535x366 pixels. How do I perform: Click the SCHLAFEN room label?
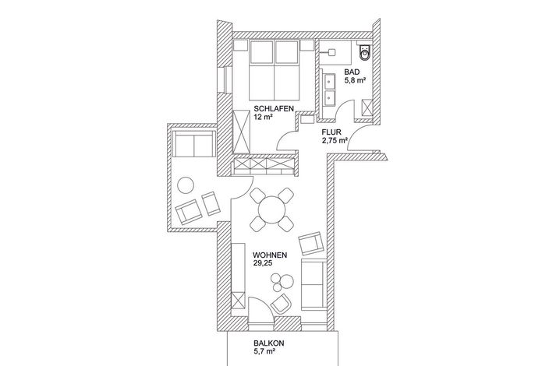pyautogui.click(x=274, y=109)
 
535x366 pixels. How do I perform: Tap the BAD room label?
pyautogui.click(x=352, y=72)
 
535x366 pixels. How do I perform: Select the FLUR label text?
pyautogui.click(x=331, y=132)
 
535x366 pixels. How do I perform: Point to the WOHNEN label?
pyautogui.click(x=270, y=255)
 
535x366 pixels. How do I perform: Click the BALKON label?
pyautogui.click(x=269, y=343)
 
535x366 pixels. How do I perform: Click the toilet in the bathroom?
pyautogui.click(x=364, y=52)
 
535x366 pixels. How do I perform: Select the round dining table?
pyautogui.click(x=272, y=209)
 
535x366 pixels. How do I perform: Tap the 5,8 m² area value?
pyautogui.click(x=355, y=80)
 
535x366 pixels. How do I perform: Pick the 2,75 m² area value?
pyautogui.click(x=335, y=140)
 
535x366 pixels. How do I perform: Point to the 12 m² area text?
pyautogui.click(x=263, y=117)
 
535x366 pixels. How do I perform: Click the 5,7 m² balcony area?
pyautogui.click(x=264, y=352)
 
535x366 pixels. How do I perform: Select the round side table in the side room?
pyautogui.click(x=186, y=185)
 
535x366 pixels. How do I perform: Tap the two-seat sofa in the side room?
pyautogui.click(x=193, y=143)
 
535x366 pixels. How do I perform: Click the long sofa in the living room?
pyautogui.click(x=314, y=284)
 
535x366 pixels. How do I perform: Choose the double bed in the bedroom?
pyautogui.click(x=275, y=70)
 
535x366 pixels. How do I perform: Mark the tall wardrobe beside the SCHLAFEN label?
pyautogui.click(x=242, y=132)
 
